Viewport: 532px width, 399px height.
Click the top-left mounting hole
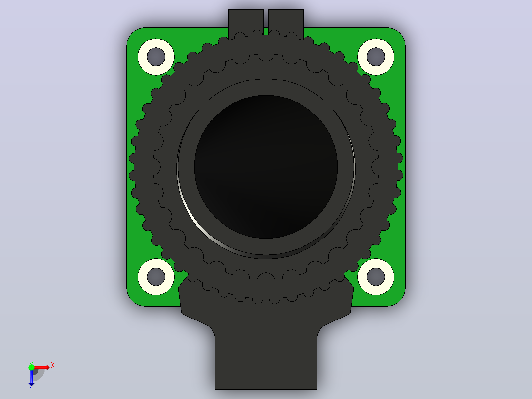[156, 57]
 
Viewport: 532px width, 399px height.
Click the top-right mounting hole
[376, 57]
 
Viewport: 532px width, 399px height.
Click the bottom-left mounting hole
[156, 277]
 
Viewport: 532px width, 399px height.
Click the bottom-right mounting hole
[376, 277]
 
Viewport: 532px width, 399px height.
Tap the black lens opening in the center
[266, 167]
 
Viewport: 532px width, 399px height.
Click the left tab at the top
[246, 22]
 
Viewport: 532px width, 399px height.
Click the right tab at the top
[286, 22]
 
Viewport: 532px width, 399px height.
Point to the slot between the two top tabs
[266, 22]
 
